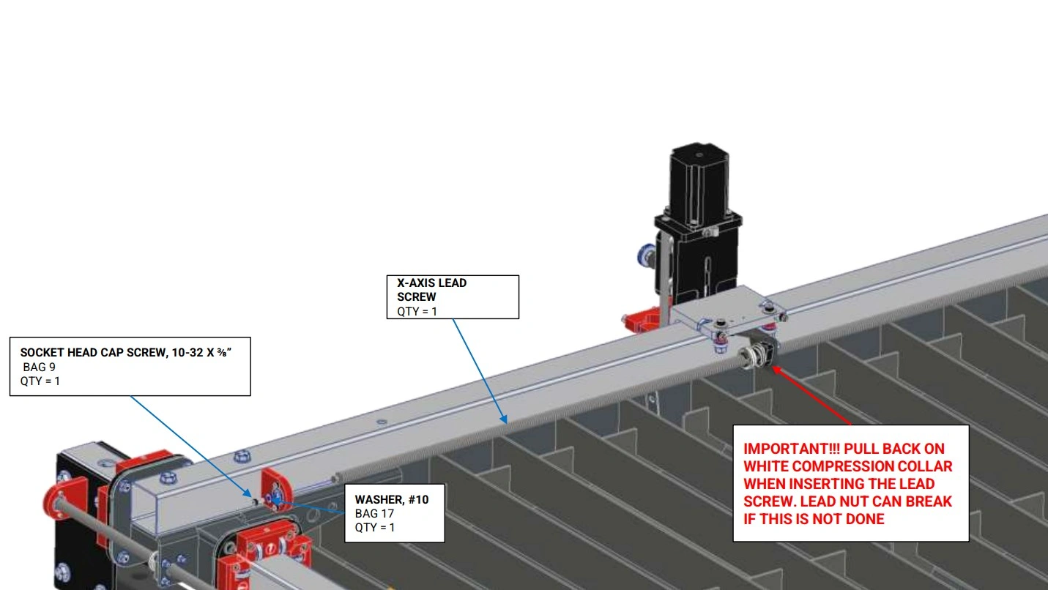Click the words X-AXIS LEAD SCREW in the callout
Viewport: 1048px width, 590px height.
[x=431, y=290]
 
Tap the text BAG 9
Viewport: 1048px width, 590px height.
[x=40, y=367]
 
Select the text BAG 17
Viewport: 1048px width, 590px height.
[x=374, y=513]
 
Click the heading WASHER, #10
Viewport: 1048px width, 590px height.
[x=392, y=500]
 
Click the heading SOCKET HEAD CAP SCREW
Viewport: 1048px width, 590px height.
[x=92, y=353]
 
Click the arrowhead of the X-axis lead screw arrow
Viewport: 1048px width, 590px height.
[x=503, y=419]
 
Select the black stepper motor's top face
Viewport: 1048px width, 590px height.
[x=699, y=154]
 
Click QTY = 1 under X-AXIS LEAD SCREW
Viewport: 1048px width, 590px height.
[x=417, y=311]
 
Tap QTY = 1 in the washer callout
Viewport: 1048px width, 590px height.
[x=375, y=527]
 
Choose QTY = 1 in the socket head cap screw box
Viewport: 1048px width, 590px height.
[x=40, y=381]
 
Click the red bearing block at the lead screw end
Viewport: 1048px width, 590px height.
[x=277, y=490]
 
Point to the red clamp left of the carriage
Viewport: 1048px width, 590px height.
[x=642, y=320]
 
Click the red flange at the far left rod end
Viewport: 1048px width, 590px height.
[x=64, y=498]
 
